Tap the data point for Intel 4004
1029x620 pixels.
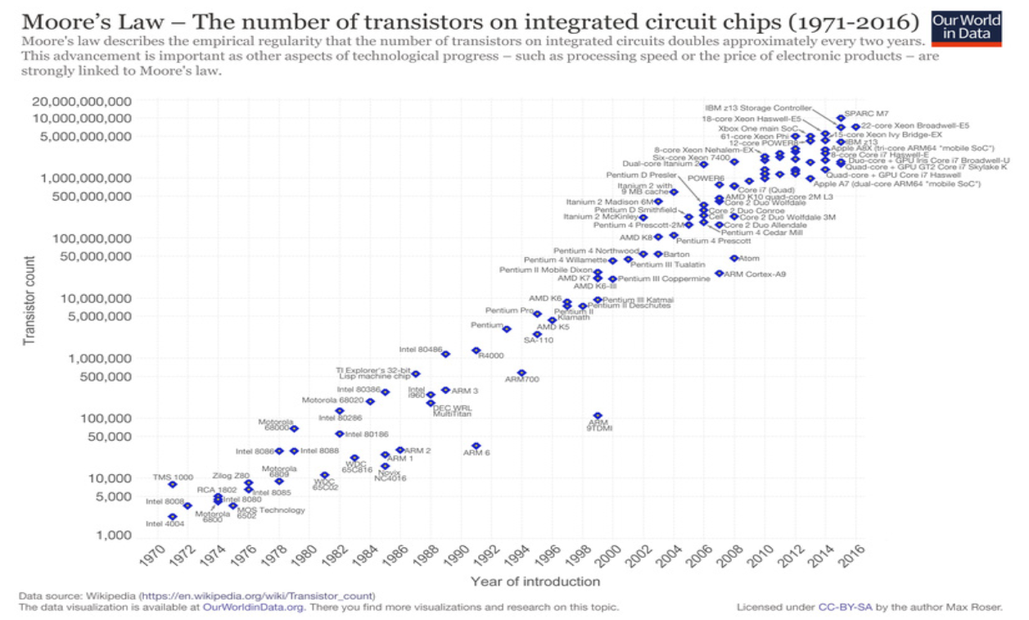click(173, 517)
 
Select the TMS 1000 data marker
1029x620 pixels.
click(173, 485)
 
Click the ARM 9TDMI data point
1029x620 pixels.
click(598, 416)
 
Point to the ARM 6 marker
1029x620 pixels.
click(476, 446)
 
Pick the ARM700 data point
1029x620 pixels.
click(521, 373)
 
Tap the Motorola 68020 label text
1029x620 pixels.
click(332, 401)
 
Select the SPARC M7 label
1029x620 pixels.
click(866, 114)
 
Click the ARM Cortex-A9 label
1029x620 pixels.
click(755, 274)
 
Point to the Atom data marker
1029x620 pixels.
click(734, 258)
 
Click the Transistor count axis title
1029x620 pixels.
click(29, 301)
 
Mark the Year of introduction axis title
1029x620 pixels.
click(535, 582)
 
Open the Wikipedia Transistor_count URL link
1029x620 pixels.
click(257, 595)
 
